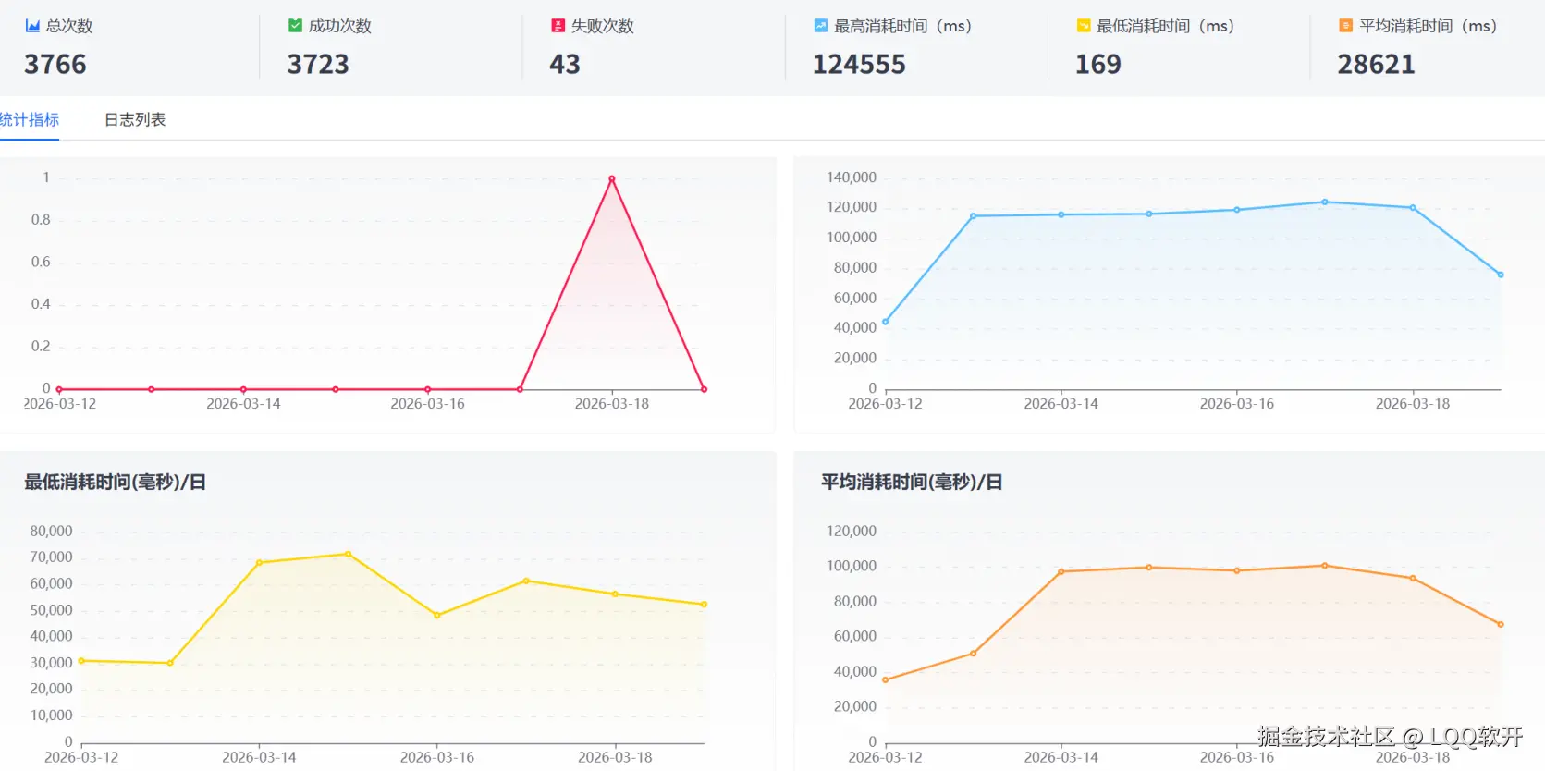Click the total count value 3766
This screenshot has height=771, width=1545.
click(55, 65)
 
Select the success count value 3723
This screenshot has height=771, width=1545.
click(318, 65)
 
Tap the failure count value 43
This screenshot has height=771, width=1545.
click(565, 65)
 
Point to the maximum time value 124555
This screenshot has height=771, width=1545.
click(859, 65)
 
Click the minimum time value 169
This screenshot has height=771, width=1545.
click(1098, 65)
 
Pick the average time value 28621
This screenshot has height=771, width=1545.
click(1376, 65)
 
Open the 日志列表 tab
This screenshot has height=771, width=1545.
click(135, 120)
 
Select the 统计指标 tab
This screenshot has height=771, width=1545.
click(30, 120)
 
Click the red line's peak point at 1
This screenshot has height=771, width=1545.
click(612, 178)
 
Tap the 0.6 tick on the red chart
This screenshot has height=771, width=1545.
click(41, 262)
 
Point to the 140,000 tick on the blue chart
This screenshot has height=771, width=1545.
click(852, 177)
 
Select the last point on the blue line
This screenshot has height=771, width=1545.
click(1501, 275)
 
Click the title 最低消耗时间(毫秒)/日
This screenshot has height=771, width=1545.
click(115, 482)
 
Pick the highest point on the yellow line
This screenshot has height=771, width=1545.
click(349, 554)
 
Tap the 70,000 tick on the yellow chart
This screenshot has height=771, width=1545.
click(51, 557)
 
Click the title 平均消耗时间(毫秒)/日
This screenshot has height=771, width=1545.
click(912, 482)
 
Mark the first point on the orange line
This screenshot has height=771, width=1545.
click(886, 680)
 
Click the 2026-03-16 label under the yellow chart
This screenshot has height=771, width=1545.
click(437, 757)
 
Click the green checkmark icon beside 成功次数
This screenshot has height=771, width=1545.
click(295, 26)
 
